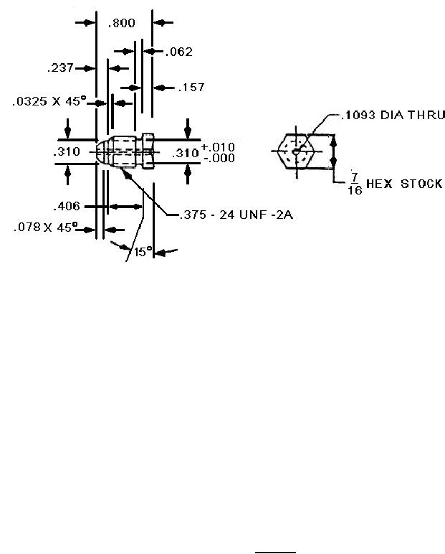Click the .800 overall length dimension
[x=121, y=23]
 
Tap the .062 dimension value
[x=179, y=52]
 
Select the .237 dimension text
[x=60, y=67]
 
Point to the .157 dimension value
[x=191, y=88]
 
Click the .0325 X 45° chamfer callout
[x=49, y=101]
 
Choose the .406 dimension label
[x=67, y=206]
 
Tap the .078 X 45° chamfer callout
[x=45, y=227]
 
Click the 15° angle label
[x=143, y=252]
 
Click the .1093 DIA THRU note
[x=393, y=116]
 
